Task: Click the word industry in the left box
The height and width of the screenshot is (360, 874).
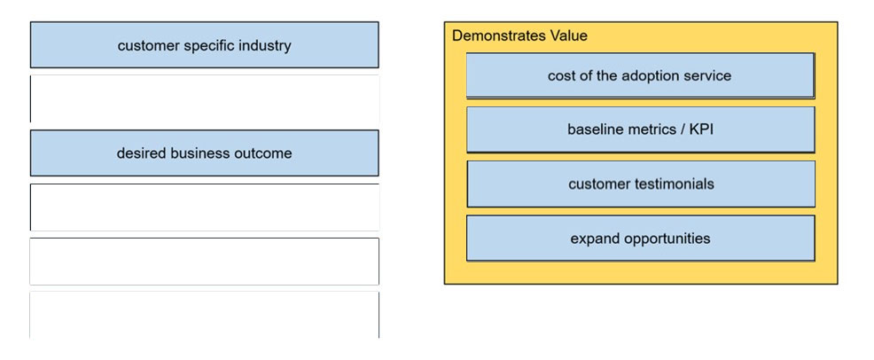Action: [x=265, y=46]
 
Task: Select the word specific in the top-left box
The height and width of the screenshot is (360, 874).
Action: [x=208, y=46]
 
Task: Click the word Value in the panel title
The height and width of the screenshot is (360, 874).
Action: [x=568, y=35]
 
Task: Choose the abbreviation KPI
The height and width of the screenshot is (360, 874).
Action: [x=701, y=129]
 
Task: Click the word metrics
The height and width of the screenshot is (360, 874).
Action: [x=648, y=129]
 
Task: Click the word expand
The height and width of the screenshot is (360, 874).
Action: [x=595, y=239]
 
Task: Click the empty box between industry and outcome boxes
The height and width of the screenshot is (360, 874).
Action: [x=205, y=98]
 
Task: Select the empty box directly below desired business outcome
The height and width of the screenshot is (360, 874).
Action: [x=205, y=207]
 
